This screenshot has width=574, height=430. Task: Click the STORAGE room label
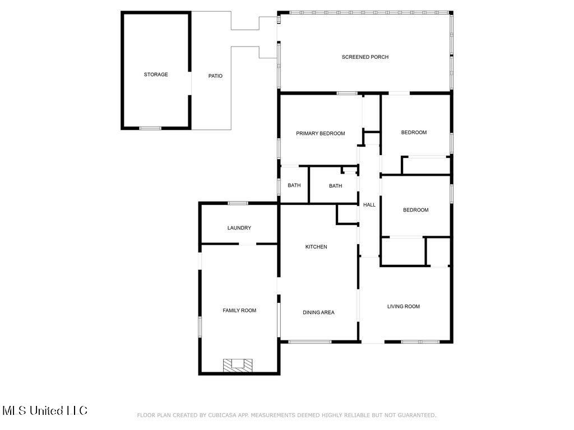tap(156, 74)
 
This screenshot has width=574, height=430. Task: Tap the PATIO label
tap(215, 76)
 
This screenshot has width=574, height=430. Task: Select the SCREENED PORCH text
tap(365, 57)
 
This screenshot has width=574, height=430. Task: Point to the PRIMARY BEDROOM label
tap(320, 133)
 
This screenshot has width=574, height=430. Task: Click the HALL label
tap(369, 205)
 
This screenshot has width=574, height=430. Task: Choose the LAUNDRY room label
tap(239, 228)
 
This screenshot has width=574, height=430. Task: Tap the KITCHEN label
tap(316, 247)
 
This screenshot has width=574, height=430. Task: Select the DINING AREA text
tap(318, 312)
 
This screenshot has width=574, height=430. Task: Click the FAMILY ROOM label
tap(239, 310)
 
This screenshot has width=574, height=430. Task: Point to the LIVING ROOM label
tap(404, 306)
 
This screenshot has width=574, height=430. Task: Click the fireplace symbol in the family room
tap(238, 364)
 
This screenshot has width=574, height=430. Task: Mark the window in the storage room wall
tap(150, 128)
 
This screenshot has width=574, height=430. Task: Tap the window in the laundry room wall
tap(238, 203)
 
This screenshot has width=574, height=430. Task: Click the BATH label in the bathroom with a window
tap(294, 185)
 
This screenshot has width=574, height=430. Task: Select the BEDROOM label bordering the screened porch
tap(414, 133)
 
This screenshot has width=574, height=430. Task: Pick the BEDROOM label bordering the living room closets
tap(415, 210)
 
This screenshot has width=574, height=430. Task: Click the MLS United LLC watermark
tap(45, 410)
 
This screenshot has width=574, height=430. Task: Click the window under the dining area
tap(309, 342)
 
